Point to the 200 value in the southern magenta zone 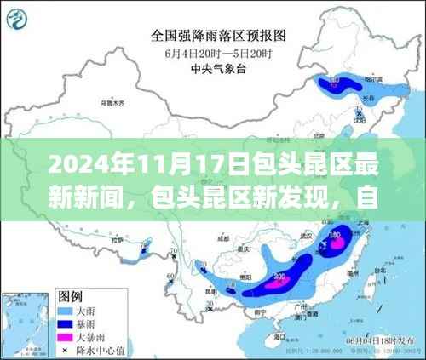[278, 277]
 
